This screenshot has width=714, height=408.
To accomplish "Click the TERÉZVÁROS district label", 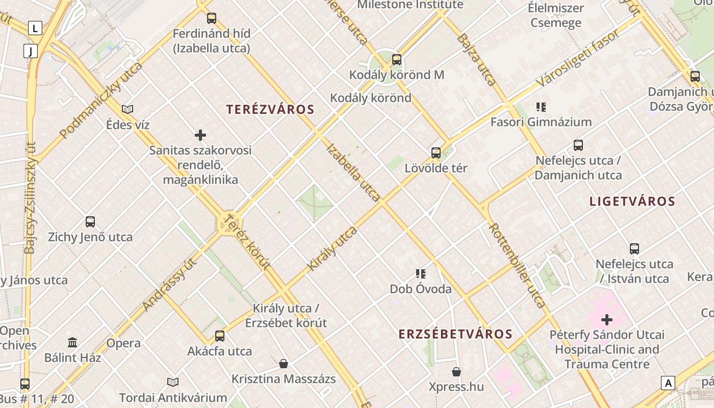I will click(x=270, y=109).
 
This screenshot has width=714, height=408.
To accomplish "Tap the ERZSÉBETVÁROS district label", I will click(x=455, y=334).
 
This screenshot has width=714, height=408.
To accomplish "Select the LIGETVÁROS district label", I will click(x=632, y=201).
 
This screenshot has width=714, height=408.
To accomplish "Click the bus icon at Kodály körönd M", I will click(x=397, y=60).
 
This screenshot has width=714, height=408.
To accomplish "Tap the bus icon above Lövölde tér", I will click(x=436, y=152).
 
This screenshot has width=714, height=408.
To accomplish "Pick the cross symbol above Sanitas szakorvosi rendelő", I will click(x=200, y=135).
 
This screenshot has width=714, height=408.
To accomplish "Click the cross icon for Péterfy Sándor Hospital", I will click(x=607, y=320).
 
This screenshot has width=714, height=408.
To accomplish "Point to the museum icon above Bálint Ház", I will click(x=72, y=342).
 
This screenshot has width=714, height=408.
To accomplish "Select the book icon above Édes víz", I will click(x=127, y=109).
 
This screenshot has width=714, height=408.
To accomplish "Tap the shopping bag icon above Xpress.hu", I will click(x=456, y=372).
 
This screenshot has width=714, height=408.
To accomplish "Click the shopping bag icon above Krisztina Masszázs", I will click(x=284, y=364).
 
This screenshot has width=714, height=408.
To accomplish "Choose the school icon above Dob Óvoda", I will click(x=421, y=274).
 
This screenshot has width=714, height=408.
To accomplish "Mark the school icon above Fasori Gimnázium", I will click(x=541, y=107).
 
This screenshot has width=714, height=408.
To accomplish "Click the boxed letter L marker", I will click(x=35, y=28).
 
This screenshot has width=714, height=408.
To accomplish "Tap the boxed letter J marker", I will click(x=31, y=51).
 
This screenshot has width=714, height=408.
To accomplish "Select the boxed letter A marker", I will click(x=668, y=382).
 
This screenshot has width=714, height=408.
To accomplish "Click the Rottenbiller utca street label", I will click(x=518, y=265).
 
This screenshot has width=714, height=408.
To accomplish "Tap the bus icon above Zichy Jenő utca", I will click(x=90, y=222).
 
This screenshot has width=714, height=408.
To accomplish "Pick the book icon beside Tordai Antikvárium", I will click(x=173, y=382).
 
